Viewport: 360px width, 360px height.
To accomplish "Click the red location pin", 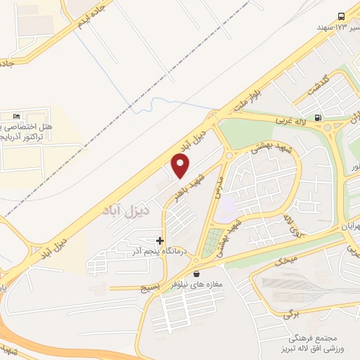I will [x=181, y=165].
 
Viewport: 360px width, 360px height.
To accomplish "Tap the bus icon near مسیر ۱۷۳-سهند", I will [x=341, y=15].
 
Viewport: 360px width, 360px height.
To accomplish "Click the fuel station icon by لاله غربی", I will [x=319, y=117].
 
